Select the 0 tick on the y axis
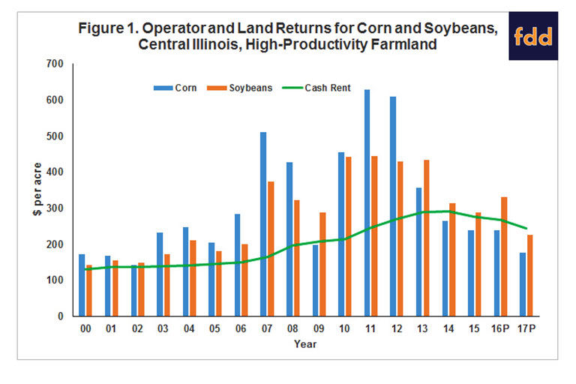coord(67,316)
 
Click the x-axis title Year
coord(305,345)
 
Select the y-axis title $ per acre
coord(36,189)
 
